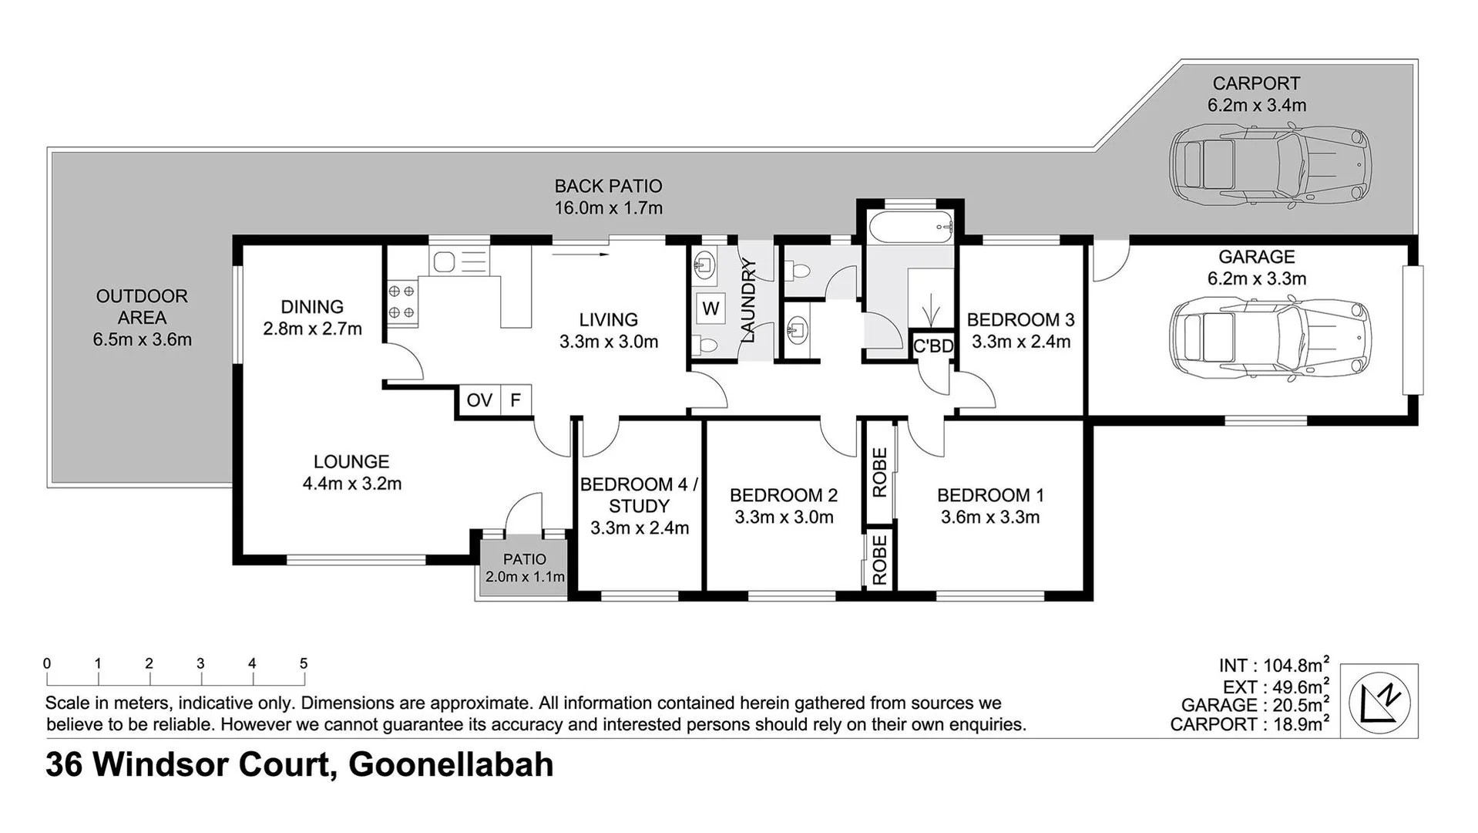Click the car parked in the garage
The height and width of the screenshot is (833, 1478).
coord(1270,339)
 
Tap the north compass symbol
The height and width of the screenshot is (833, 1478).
coord(1379,701)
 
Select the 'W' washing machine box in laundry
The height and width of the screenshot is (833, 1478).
coord(710,309)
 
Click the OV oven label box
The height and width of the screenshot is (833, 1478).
coord(479,400)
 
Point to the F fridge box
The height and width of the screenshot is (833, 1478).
coord(516,400)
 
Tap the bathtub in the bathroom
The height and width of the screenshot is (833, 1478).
coord(909,228)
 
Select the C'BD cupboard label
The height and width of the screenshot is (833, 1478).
coord(933,346)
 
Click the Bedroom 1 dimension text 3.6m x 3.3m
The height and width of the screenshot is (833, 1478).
coord(990,518)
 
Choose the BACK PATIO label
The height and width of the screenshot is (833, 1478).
coord(608,186)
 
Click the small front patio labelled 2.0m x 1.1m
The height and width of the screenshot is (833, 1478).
coord(524,568)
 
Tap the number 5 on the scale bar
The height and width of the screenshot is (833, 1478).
coord(304,663)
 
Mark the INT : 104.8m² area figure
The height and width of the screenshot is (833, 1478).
coord(1273,666)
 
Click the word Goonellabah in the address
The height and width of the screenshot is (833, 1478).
coord(451,764)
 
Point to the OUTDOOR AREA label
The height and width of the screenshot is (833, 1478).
coord(142,306)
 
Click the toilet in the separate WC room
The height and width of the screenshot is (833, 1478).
coord(798,271)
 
